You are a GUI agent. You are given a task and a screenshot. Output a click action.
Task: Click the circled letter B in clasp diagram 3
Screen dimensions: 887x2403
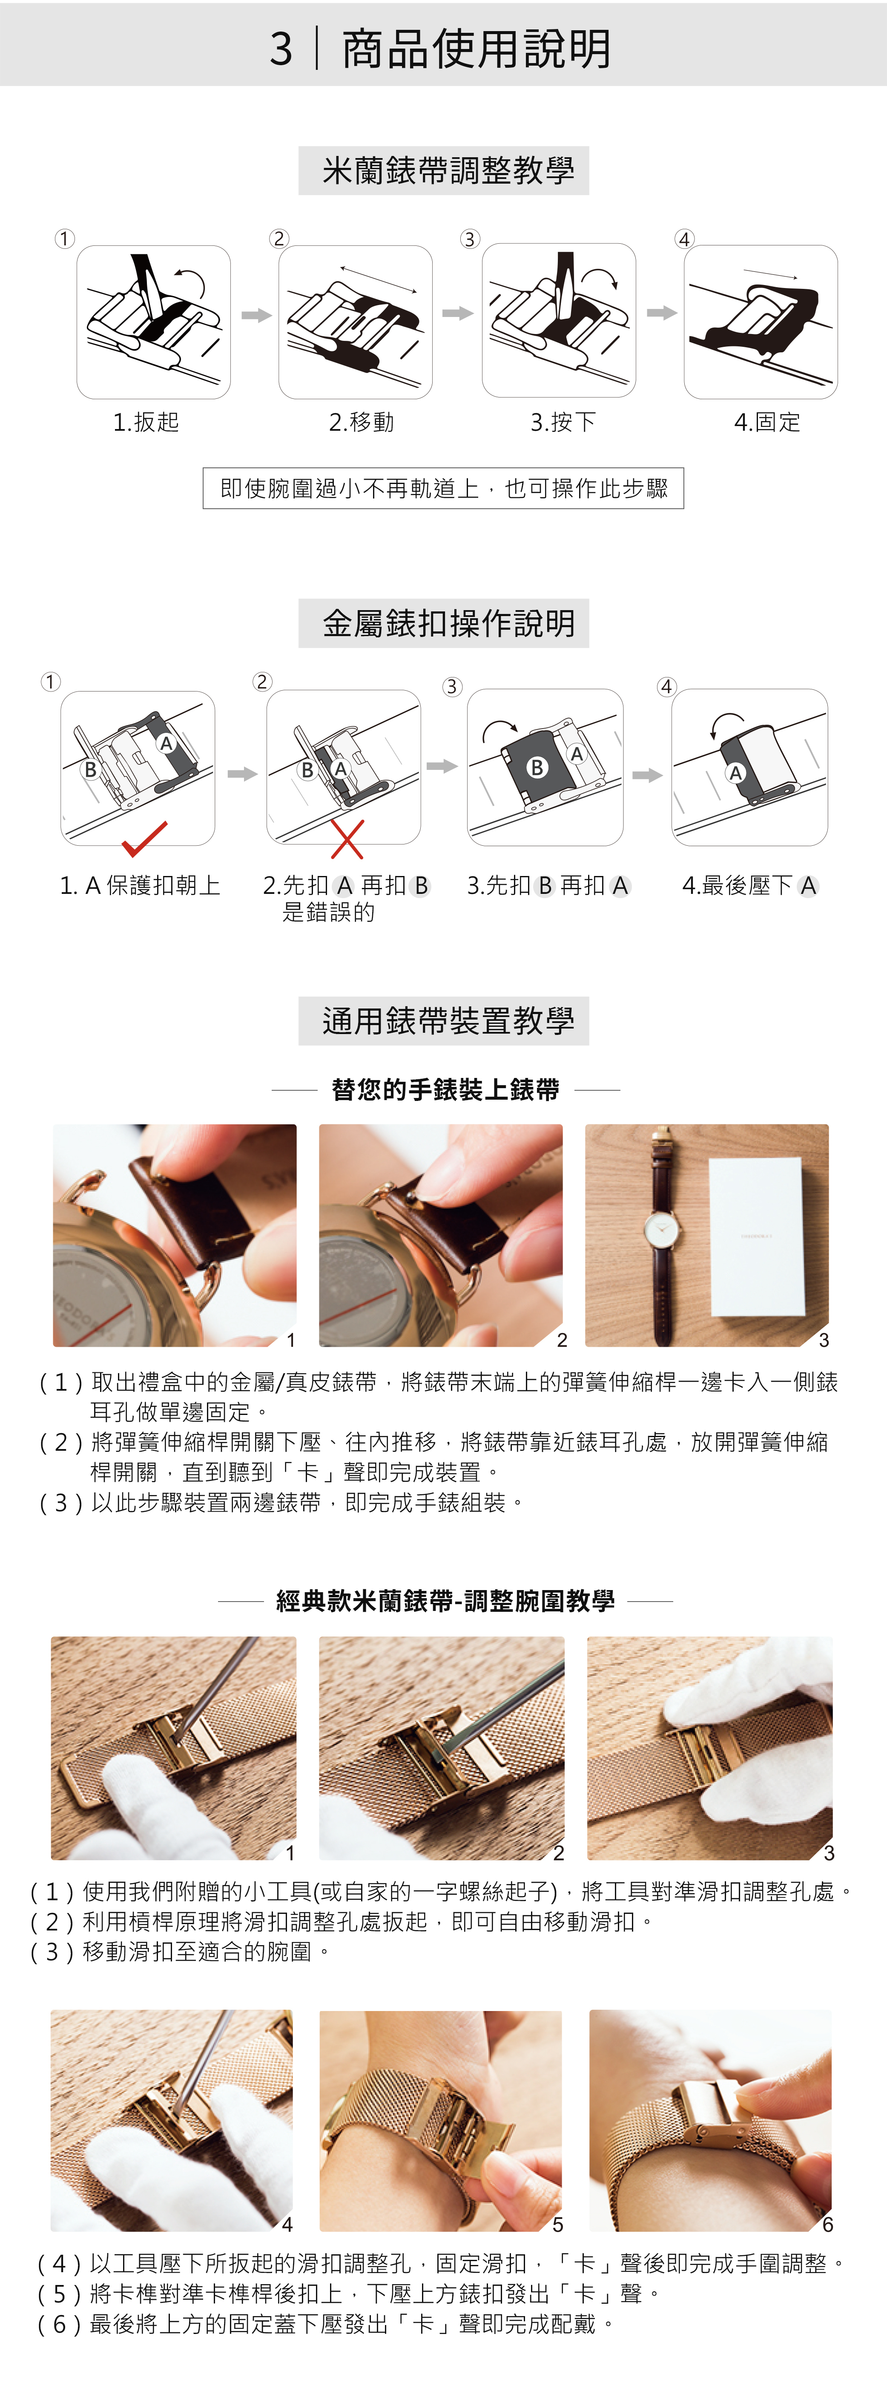(x=537, y=767)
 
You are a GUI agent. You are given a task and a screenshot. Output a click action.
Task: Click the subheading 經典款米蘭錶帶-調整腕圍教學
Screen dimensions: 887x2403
(x=445, y=1601)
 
